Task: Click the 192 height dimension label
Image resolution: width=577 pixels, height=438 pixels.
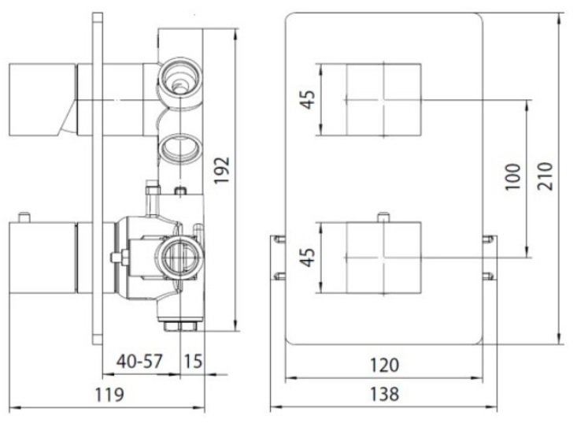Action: (x=222, y=170)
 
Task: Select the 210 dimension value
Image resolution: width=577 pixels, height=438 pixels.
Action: (x=546, y=176)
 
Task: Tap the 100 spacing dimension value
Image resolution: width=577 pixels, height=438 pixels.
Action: (x=513, y=176)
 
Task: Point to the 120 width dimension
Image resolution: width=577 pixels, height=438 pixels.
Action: (x=384, y=365)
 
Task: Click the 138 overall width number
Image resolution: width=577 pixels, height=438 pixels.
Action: (x=384, y=394)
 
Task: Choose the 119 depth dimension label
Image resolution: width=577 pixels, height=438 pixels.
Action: (x=109, y=395)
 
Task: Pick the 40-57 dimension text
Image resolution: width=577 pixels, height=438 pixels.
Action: (x=139, y=362)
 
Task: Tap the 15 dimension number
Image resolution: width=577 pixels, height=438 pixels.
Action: (x=193, y=362)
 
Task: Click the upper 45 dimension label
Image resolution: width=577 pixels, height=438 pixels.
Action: (x=308, y=99)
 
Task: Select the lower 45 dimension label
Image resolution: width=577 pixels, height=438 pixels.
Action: (x=308, y=257)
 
